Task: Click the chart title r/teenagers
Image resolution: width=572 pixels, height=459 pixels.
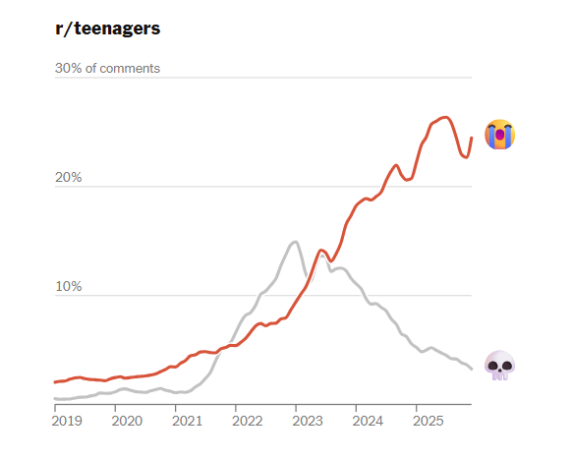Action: click(107, 29)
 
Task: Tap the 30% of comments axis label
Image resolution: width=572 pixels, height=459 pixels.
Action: click(107, 68)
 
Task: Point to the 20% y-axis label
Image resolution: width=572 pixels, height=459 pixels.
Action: click(68, 177)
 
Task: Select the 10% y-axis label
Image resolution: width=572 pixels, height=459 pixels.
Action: click(68, 286)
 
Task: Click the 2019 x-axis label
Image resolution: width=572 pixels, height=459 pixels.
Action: click(67, 421)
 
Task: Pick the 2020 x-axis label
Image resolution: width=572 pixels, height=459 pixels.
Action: click(127, 421)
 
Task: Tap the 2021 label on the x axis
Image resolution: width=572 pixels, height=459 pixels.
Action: click(187, 421)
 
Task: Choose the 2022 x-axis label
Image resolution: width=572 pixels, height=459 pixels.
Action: click(248, 421)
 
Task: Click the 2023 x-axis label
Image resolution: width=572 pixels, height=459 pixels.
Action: click(308, 421)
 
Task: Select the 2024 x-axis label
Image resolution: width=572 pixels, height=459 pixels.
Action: click(368, 421)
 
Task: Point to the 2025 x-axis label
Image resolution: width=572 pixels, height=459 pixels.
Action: click(428, 421)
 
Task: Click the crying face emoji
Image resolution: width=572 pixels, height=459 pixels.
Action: click(500, 135)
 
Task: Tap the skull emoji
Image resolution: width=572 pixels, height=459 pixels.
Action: click(500, 366)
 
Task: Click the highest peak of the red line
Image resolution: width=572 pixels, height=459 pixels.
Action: click(446, 117)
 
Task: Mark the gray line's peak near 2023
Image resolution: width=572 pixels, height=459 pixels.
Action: click(295, 242)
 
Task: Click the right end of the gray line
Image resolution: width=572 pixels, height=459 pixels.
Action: click(472, 369)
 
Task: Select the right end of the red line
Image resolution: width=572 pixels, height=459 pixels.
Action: click(472, 138)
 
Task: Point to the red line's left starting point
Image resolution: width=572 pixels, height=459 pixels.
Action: click(55, 382)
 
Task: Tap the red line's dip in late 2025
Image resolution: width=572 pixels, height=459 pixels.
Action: click(466, 157)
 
